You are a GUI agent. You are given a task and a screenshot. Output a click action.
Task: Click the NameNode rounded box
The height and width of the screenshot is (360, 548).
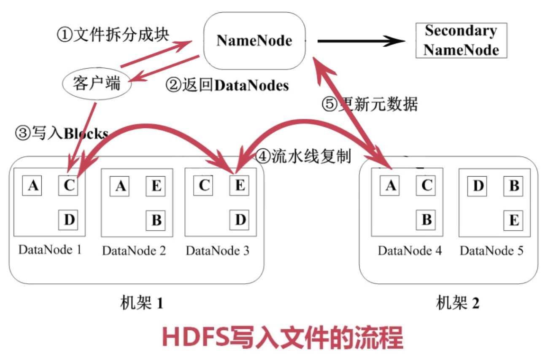[254, 40]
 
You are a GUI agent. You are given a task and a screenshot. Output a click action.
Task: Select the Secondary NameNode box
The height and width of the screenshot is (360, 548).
[461, 40]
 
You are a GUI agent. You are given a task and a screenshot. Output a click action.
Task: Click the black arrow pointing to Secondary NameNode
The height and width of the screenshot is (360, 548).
[361, 41]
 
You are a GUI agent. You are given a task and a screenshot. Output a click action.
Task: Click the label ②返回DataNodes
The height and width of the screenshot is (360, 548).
[227, 86]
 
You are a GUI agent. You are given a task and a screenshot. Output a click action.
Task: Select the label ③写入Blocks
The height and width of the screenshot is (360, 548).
[61, 134]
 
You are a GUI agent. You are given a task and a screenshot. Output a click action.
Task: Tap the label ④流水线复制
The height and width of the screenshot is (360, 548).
[303, 156]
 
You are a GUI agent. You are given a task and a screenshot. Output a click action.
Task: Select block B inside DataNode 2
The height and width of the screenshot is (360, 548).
[156, 220]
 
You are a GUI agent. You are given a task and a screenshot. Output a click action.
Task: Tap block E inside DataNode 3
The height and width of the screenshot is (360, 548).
[240, 185]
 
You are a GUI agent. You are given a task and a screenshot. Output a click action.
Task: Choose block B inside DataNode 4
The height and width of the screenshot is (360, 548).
[427, 220]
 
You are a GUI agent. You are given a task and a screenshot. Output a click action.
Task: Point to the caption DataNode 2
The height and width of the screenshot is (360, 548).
[134, 251]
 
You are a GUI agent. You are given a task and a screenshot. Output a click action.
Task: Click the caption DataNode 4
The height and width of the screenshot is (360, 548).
[410, 251]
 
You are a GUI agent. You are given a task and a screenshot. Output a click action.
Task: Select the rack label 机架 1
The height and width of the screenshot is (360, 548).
[141, 304]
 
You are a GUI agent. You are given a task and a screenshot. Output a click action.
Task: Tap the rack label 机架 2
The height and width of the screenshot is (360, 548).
[457, 304]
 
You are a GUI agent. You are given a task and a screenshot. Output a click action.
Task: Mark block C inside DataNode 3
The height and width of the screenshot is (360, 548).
[204, 185]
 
